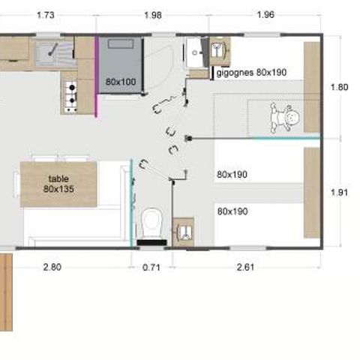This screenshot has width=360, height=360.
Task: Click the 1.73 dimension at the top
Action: [46, 15]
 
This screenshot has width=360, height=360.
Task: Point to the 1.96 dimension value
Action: [265, 15]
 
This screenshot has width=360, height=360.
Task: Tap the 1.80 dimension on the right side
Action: [339, 87]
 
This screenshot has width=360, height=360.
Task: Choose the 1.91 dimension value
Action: [339, 192]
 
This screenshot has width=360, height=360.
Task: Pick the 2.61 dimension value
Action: [245, 265]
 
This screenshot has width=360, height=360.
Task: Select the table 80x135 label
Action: [58, 184]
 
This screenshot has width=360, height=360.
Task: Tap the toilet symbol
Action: [151, 222]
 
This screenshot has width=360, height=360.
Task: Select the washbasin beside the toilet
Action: [182, 229]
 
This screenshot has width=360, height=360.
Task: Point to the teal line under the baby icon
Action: [285, 138]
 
